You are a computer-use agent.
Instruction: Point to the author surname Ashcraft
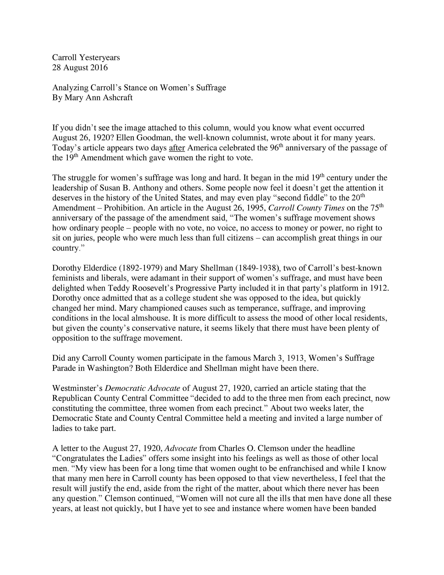click(x=118, y=98)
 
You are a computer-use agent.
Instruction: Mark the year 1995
click(x=255, y=208)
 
